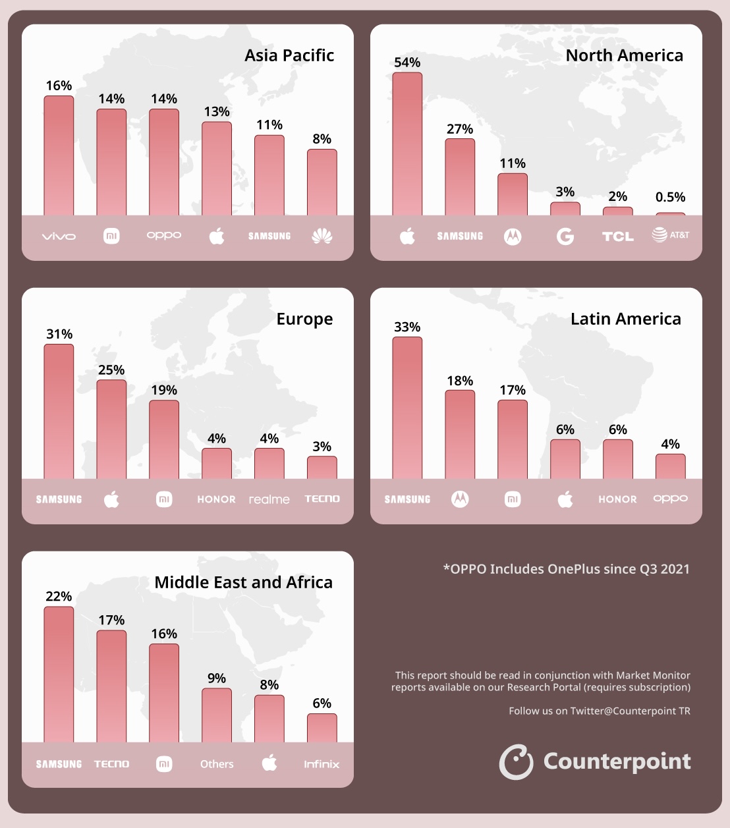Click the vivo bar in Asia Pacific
click(59, 155)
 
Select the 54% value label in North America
click(407, 63)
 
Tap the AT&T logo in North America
click(670, 235)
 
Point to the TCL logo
click(617, 236)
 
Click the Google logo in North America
click(565, 236)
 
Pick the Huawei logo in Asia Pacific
click(322, 236)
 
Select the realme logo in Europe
click(269, 500)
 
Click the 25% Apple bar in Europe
click(111, 429)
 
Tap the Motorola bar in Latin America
click(460, 434)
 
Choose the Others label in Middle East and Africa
click(217, 764)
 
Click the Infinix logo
click(322, 764)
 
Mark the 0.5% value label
click(670, 197)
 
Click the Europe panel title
click(304, 319)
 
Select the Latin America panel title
click(625, 319)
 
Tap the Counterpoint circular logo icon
click(516, 762)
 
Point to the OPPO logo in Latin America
click(670, 499)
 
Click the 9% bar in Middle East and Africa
click(217, 715)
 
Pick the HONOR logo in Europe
click(217, 499)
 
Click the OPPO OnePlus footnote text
click(566, 569)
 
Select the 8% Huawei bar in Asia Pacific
click(322, 182)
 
